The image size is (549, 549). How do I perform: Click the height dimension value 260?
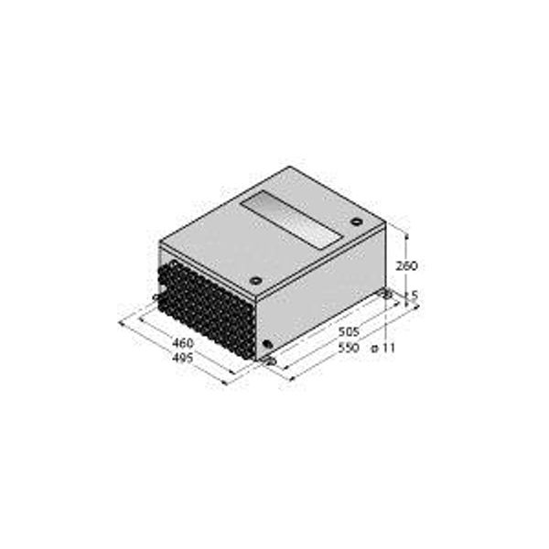coord(407,266)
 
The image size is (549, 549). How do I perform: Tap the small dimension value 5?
coord(414,295)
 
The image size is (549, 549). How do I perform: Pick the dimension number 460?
coord(183,343)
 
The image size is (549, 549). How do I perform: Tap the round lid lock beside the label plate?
coord(354,221)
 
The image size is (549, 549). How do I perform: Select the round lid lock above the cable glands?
coord(256,280)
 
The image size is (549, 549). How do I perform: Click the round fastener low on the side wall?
coord(267,345)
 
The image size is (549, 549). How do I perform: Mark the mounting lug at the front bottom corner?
coord(269,361)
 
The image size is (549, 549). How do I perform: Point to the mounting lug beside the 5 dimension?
coord(388,294)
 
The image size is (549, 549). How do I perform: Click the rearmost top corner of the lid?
coord(291,167)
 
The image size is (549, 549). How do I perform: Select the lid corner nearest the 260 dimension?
coord(385,222)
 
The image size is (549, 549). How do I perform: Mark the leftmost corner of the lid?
coord(160,242)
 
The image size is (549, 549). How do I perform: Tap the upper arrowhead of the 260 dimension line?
coord(402,226)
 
